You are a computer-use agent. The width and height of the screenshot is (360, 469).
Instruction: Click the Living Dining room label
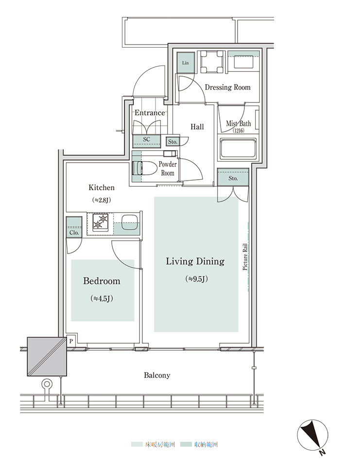[195, 261]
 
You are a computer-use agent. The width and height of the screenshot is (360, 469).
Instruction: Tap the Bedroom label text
[102, 281]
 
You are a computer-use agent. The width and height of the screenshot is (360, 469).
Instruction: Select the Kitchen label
[102, 187]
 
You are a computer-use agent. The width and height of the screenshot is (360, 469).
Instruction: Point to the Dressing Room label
[227, 87]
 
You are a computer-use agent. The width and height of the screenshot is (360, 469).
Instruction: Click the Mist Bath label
[239, 123]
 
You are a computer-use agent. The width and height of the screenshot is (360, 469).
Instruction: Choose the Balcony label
[157, 375]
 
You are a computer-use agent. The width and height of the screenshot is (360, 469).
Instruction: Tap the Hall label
[197, 127]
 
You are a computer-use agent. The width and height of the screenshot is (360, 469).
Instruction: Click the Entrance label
[150, 113]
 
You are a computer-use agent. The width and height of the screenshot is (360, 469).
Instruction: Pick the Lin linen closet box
[186, 63]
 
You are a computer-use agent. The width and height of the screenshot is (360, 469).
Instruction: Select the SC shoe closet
[146, 141]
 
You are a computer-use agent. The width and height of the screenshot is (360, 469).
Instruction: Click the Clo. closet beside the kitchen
[74, 227]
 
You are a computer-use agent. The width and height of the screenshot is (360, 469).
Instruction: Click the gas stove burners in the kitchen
[100, 222]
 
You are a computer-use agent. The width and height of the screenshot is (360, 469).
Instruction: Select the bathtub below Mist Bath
[239, 149]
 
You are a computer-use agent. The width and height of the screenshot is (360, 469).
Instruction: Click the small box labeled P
[71, 341]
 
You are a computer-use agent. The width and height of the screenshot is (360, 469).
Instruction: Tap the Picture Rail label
[245, 257]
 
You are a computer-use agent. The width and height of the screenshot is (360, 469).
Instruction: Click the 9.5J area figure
[196, 279]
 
